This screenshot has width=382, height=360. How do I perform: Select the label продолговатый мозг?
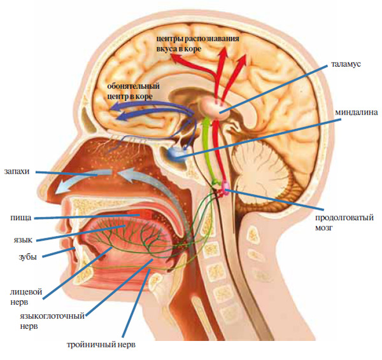pos(343,218)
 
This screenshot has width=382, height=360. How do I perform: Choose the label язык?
pos(20,240)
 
